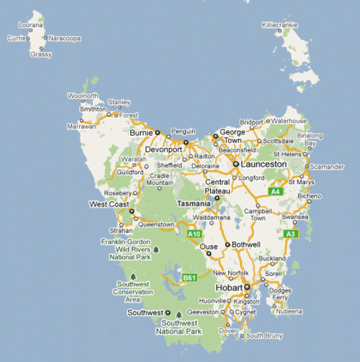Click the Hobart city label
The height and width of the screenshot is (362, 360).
(x=229, y=288)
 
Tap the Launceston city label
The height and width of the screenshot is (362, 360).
(x=264, y=164)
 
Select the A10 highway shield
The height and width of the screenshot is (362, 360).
(x=194, y=235)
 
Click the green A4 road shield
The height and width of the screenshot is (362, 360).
(x=276, y=192)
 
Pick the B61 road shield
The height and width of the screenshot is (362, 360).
(x=189, y=278)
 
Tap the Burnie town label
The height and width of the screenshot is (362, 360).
(x=142, y=133)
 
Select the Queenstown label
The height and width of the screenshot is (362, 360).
(x=156, y=224)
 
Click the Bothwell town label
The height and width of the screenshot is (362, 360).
(x=246, y=244)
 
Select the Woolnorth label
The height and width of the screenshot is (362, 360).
(x=83, y=96)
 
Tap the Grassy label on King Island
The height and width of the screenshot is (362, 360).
(x=41, y=54)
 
